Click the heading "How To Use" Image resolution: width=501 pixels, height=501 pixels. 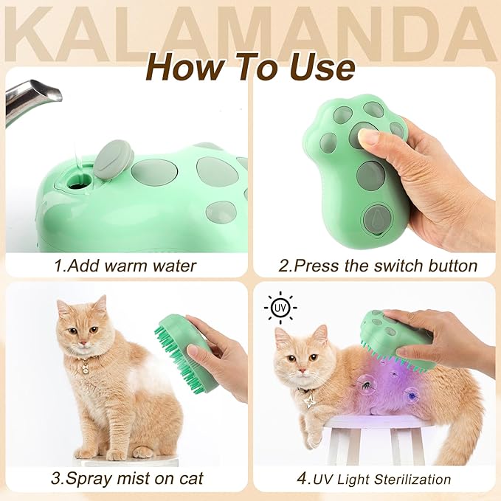(x=250, y=66)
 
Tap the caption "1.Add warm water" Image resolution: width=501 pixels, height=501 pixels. (x=125, y=265)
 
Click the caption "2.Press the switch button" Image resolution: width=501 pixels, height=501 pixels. (x=376, y=265)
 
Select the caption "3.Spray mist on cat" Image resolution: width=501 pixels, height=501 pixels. (x=125, y=478)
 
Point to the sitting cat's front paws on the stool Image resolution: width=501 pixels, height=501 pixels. (x=111, y=451)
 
